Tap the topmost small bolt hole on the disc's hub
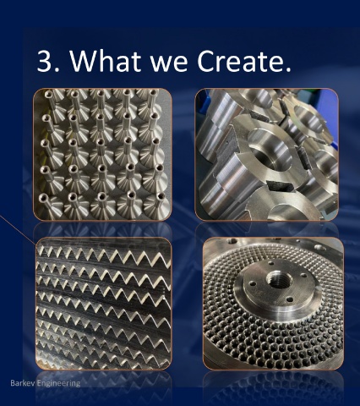271,263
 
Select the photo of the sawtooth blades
103,304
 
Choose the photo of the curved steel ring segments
266,155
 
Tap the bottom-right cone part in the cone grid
156,201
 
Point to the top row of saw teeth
104,256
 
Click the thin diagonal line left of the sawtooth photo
18,230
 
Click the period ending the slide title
288,69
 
